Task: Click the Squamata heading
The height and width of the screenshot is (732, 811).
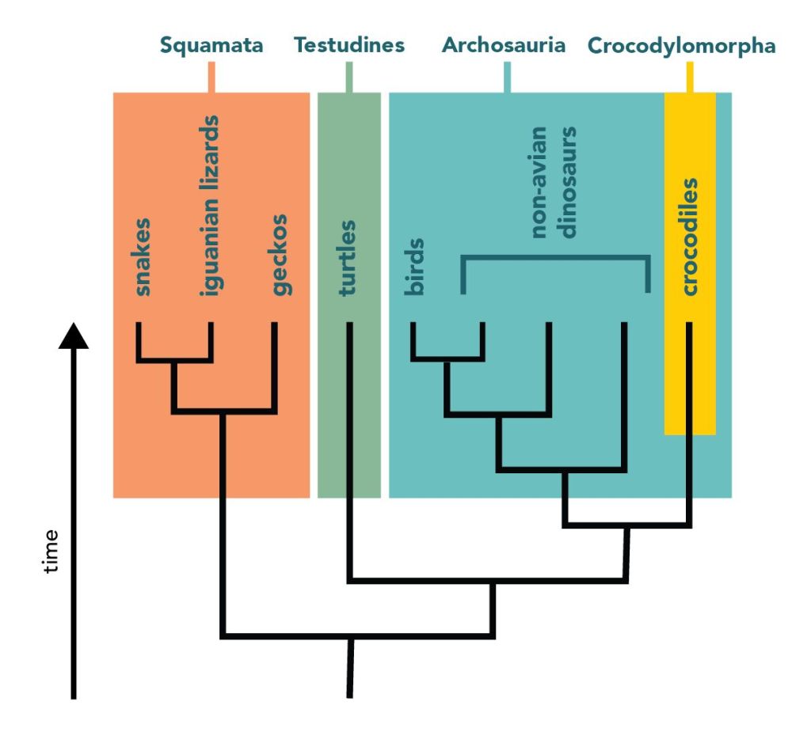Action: (x=211, y=45)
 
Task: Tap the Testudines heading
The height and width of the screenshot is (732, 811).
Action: (x=349, y=45)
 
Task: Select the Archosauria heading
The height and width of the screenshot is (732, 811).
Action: (x=504, y=45)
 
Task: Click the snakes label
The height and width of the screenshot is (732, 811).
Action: (x=143, y=256)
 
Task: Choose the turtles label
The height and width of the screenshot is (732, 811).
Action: (x=347, y=258)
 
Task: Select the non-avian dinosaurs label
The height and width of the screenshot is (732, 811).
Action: (x=554, y=182)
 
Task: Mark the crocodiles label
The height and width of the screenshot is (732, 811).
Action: (x=690, y=237)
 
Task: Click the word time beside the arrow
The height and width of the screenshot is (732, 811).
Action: (x=51, y=551)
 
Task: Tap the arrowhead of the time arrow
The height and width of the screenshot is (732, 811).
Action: (x=74, y=336)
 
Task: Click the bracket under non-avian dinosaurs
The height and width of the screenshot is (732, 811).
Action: (x=555, y=258)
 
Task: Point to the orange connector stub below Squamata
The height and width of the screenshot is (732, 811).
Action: (x=211, y=78)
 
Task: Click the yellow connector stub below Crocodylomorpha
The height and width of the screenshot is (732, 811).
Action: (x=690, y=78)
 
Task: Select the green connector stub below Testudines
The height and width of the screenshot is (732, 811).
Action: (x=349, y=78)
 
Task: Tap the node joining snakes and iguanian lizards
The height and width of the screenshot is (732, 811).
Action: (x=174, y=361)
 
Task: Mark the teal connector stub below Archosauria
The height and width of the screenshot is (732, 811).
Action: (x=507, y=78)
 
